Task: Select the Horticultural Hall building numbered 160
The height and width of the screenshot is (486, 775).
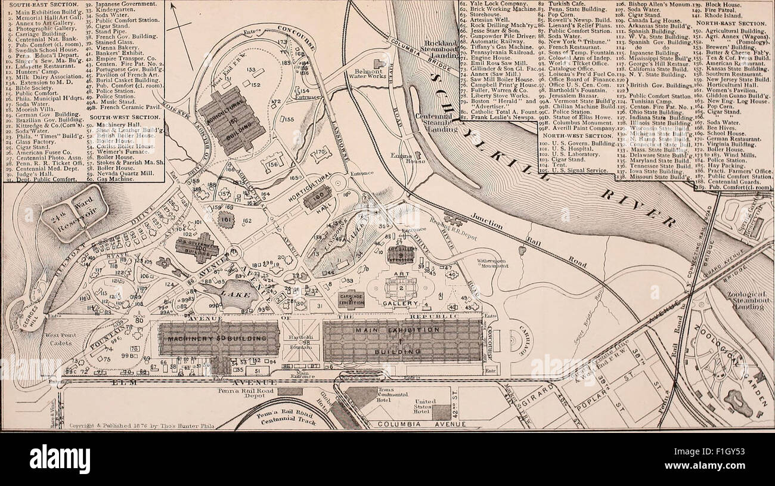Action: click(317, 197)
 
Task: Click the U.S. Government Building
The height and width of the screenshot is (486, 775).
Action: click(197, 247)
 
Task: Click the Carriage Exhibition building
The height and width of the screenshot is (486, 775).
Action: click(351, 299)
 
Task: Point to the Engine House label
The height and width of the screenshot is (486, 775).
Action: click(415, 157)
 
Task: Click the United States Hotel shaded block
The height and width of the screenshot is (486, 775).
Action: click(441, 412)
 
